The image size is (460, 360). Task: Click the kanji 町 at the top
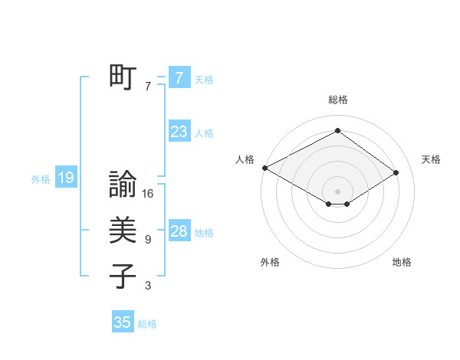click(123, 77)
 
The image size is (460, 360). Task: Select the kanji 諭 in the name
click(123, 185)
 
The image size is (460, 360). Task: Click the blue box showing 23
click(179, 132)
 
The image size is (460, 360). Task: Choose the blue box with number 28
click(179, 231)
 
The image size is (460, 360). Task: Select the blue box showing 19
click(65, 178)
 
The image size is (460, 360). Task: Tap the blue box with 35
click(123, 322)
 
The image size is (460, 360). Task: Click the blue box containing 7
click(179, 78)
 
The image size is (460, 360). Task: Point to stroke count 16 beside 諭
click(148, 194)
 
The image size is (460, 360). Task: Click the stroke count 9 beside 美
click(148, 240)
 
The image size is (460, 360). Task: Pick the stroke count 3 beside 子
click(148, 286)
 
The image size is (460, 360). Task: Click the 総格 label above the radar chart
click(337, 100)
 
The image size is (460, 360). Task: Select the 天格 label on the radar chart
click(432, 159)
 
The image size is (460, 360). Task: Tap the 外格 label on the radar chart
click(270, 262)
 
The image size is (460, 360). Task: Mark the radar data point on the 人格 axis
click(264, 168)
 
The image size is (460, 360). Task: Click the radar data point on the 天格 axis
click(396, 172)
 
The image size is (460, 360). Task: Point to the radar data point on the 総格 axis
click(337, 131)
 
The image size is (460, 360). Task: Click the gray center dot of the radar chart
click(337, 191)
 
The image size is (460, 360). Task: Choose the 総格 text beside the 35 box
click(147, 324)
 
